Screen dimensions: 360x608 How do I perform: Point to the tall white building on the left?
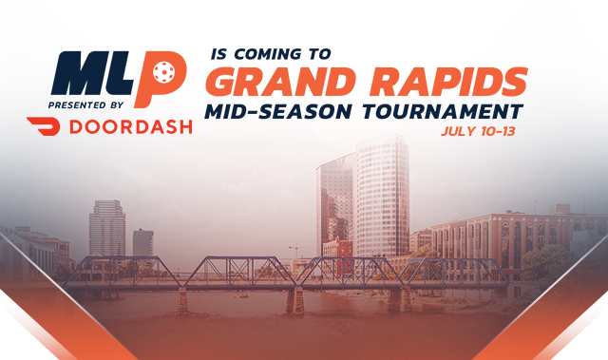point(106,228)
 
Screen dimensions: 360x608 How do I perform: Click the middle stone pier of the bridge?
point(296,300)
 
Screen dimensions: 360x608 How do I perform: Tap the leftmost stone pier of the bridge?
point(181,301)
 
